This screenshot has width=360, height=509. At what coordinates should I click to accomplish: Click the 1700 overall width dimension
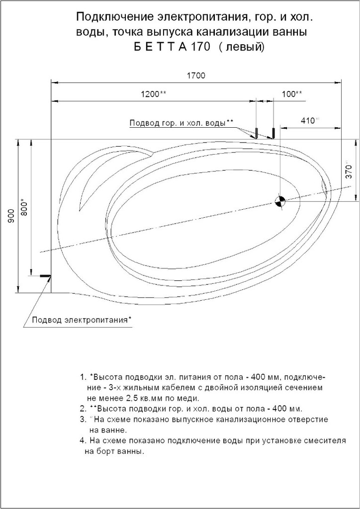point(196,76)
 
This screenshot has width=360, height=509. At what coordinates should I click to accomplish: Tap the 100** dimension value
point(292,94)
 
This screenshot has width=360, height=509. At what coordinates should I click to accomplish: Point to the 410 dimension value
point(309,120)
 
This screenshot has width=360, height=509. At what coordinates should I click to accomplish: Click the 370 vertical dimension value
point(349,170)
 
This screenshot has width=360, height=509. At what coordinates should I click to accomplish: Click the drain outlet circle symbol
point(280,201)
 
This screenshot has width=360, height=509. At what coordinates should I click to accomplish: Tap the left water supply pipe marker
point(256,133)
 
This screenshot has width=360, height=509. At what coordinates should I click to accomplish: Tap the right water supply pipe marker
point(273,133)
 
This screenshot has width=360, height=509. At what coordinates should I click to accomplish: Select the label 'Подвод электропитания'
point(81,320)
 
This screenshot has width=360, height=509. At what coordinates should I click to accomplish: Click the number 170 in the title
point(201,48)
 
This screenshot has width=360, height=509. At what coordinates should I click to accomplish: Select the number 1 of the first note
point(82,376)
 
